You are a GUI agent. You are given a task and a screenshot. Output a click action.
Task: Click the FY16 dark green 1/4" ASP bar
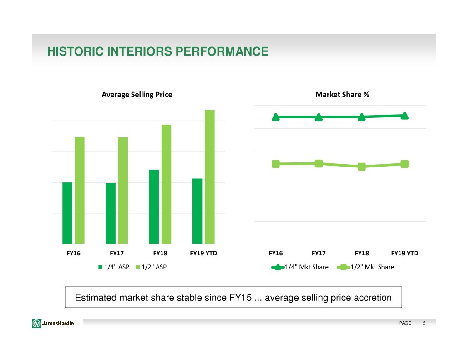coord(67,213)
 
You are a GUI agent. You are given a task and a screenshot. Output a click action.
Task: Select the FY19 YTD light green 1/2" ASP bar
coord(209,177)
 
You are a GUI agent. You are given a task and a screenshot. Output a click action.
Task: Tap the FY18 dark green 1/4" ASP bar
coord(154,207)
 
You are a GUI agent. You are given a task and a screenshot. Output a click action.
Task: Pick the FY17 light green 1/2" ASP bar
coord(123,191)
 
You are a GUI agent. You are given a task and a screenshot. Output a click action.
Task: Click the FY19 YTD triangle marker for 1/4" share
coord(405,116)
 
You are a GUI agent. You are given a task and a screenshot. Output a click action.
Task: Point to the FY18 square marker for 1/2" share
coord(361,167)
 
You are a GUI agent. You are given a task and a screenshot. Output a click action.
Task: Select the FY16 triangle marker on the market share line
coord(276,117)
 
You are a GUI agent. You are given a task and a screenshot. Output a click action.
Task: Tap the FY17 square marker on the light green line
coord(319,163)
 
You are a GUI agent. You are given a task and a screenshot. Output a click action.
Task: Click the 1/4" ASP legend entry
coord(114,267)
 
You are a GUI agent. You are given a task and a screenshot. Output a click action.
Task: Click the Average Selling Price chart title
coord(137,95)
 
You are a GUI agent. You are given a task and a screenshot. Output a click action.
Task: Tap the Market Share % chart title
coord(342,95)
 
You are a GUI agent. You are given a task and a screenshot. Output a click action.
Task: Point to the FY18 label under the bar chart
coord(160,253)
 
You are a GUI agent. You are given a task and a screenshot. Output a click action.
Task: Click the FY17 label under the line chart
coord(319,253)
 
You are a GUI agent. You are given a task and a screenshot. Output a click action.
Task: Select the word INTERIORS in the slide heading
coord(130,51)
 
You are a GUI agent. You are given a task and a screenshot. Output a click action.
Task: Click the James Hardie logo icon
coord(36,323)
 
